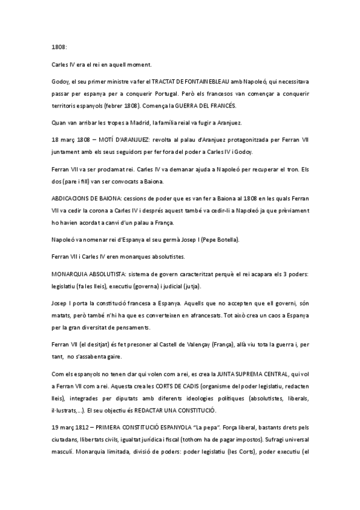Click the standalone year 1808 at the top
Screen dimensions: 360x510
coord(58,46)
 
